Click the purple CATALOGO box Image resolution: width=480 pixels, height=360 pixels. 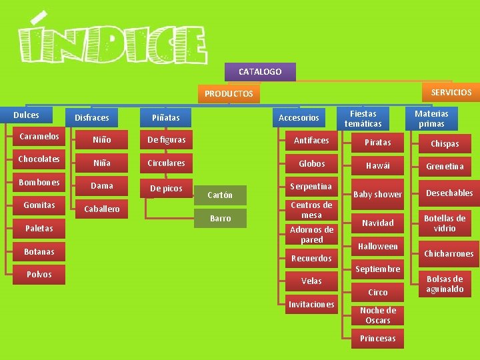click(x=260, y=72)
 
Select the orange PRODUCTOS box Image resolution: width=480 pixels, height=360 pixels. click(x=229, y=94)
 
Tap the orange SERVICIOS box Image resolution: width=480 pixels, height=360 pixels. click(x=451, y=92)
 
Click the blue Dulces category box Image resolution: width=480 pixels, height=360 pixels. click(x=26, y=115)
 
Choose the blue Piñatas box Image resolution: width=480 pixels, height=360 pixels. click(x=165, y=117)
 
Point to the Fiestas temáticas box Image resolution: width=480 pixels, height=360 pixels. click(x=363, y=119)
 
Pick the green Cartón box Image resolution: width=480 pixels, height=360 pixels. click(x=220, y=195)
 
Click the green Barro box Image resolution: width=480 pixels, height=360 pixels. click(x=220, y=218)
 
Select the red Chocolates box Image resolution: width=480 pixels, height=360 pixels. click(x=39, y=159)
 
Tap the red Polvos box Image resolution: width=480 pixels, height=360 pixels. click(x=39, y=275)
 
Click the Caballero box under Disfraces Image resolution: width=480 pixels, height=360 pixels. click(x=101, y=209)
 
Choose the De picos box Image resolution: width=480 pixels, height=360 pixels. click(x=166, y=189)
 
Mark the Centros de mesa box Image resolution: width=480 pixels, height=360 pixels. click(x=311, y=210)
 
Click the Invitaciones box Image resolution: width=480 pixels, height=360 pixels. click(x=311, y=304)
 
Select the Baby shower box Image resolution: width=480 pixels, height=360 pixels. click(x=377, y=195)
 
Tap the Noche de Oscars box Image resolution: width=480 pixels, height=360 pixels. click(x=377, y=315)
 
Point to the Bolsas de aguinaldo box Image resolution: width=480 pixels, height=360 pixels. click(x=445, y=284)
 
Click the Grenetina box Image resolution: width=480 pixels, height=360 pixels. click(x=445, y=167)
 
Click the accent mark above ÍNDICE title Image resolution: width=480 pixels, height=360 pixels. click(x=39, y=17)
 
